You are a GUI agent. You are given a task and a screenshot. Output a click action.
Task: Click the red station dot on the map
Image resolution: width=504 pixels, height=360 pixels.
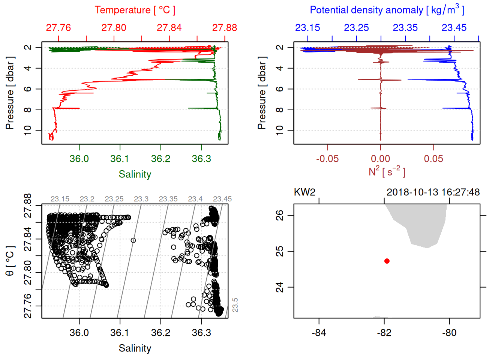point(387,261)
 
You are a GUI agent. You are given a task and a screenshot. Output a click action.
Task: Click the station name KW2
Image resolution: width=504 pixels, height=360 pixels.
point(304,192)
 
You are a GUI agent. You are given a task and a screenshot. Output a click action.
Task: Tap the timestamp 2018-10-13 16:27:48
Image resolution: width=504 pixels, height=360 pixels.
point(433,192)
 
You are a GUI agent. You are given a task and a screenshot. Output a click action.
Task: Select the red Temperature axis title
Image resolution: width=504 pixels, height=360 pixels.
point(135,10)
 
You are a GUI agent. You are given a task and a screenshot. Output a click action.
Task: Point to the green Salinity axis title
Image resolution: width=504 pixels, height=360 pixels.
point(135,174)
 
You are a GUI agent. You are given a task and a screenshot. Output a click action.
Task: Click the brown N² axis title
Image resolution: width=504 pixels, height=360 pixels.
point(387,171)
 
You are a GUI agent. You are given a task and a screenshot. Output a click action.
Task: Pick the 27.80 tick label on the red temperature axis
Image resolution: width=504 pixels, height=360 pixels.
point(114,28)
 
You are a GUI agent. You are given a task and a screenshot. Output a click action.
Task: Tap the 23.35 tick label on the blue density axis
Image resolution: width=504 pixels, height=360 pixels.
point(405,28)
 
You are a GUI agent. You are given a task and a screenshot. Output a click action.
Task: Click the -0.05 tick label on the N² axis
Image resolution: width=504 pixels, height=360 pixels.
point(327,159)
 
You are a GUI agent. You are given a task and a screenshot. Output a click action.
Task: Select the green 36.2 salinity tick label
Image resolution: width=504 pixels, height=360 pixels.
point(161,159)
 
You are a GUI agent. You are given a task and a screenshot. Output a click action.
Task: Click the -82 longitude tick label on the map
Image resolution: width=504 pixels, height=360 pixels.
point(384,333)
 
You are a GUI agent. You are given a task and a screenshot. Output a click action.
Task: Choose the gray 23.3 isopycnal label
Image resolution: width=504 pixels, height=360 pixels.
point(141,199)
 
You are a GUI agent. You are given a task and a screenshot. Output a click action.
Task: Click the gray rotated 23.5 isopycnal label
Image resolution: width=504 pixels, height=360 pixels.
point(235,305)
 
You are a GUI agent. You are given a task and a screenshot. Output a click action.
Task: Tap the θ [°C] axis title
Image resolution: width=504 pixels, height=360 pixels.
point(10,261)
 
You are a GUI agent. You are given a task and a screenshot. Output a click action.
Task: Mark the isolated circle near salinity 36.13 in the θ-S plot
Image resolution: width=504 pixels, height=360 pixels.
point(133,240)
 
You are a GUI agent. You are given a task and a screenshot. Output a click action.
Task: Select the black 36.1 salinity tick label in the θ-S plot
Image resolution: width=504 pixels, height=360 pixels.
point(120,333)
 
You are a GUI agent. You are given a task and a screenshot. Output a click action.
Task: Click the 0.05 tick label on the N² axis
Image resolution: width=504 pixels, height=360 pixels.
point(433,159)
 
